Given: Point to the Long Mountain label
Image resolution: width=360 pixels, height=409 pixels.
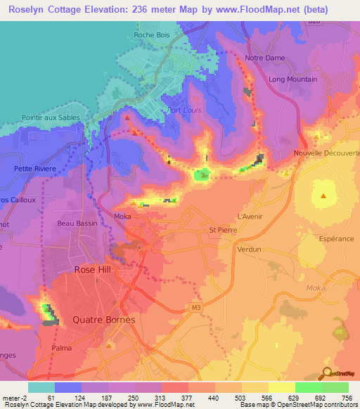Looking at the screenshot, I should tap(292, 79).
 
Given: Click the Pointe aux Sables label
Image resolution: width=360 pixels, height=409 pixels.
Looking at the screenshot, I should tap(51, 118).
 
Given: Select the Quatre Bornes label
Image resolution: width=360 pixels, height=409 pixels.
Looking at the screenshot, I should tap(98, 319).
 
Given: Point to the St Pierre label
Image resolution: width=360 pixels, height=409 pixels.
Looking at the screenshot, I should tap(222, 229).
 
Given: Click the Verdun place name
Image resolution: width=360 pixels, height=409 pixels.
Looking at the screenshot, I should tap(249, 249).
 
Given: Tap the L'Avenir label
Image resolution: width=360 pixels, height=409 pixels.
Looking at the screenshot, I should tap(250, 216).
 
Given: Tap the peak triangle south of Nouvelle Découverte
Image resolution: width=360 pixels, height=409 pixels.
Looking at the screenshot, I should tap(323, 196).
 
